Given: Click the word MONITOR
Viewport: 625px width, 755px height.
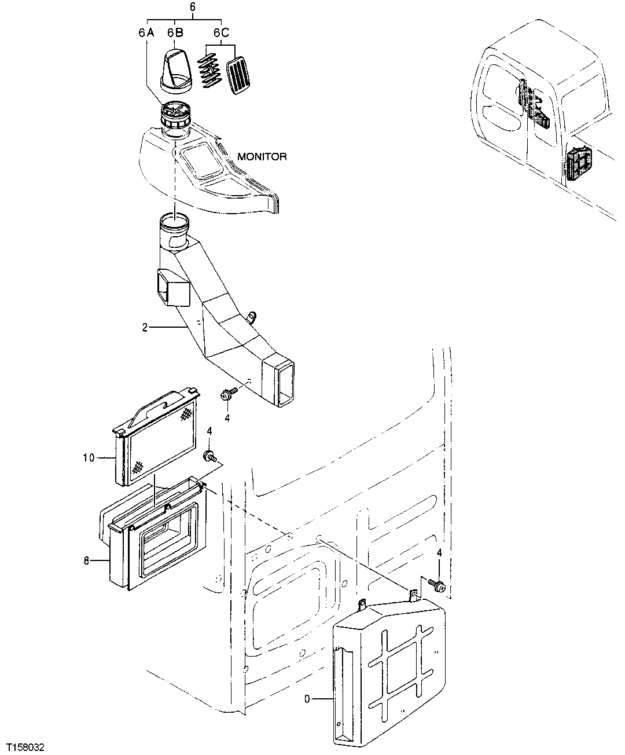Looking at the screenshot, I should (x=262, y=157).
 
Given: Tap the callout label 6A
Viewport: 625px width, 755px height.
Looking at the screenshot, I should (x=146, y=33).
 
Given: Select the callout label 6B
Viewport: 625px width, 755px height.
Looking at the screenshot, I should (x=176, y=33).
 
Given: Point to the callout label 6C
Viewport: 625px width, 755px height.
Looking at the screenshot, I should (x=221, y=33).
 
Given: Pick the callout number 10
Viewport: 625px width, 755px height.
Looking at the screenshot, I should (x=89, y=458).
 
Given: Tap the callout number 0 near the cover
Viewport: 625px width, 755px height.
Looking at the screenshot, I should (x=307, y=699).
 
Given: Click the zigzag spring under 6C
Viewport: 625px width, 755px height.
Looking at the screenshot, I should (x=209, y=71).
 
